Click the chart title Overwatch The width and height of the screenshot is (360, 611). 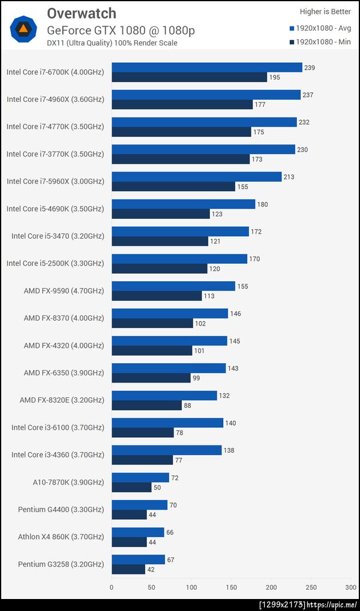point(81,13)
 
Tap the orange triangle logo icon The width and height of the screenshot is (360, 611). point(23,28)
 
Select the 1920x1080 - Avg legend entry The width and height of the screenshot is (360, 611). point(320,28)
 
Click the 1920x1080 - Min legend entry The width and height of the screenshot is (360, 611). point(320,42)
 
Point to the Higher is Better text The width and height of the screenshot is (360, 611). point(325,11)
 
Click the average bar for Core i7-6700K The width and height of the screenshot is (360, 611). point(207,68)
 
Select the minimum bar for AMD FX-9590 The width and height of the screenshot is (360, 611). point(157,296)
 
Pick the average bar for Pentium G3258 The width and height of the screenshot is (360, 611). point(138,559)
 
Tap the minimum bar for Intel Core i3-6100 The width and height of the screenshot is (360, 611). point(142,432)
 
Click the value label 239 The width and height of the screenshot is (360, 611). point(310,68)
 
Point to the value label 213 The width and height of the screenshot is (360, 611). point(289,177)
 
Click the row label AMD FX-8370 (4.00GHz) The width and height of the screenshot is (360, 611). point(64,318)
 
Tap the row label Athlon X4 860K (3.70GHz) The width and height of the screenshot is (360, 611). point(61,537)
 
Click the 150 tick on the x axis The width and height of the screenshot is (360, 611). point(232,587)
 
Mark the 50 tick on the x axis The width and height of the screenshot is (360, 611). point(151,587)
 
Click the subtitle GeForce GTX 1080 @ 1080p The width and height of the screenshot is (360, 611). point(121,30)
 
